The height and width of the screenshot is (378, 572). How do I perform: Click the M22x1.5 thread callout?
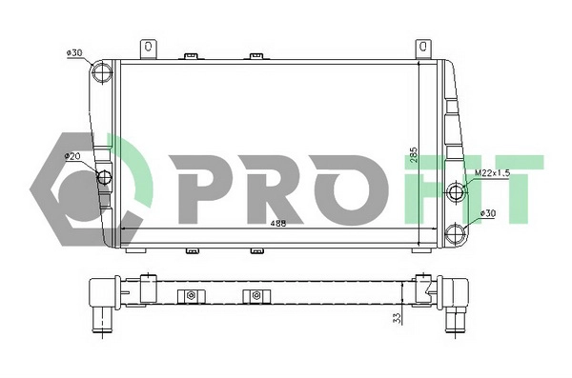point(494,173)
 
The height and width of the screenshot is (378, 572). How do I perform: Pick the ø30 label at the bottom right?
point(488,213)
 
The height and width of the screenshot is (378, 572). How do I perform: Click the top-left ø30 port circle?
point(102,73)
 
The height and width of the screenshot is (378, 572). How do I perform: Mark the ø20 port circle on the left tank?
point(104,177)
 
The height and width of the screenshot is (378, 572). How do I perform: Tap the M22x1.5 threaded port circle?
point(456,193)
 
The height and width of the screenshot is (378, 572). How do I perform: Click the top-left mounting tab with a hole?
point(149,47)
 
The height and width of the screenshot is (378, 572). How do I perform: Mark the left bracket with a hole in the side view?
point(192,295)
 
